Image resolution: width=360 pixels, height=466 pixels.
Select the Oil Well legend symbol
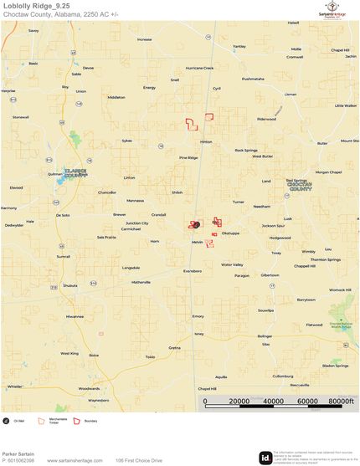coord(7,421)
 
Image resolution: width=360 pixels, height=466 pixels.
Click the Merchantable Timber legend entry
coord(58,421)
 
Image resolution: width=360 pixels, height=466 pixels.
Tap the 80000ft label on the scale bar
coord(339,402)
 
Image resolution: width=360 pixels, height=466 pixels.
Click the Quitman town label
coord(55,174)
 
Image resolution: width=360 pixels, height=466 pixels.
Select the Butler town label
coord(322,143)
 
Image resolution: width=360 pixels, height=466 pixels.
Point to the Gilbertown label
coord(270,274)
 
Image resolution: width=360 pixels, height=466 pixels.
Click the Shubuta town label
coord(69,284)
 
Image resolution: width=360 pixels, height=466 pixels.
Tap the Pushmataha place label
coord(252,79)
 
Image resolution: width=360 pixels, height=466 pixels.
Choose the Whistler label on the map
coord(14,387)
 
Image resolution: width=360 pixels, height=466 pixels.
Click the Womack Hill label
coord(339,289)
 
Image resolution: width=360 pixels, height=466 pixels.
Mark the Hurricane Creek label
coord(199,68)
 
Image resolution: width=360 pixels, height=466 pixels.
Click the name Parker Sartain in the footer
coord(18,453)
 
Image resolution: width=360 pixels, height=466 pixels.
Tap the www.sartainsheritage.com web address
coord(75,460)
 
